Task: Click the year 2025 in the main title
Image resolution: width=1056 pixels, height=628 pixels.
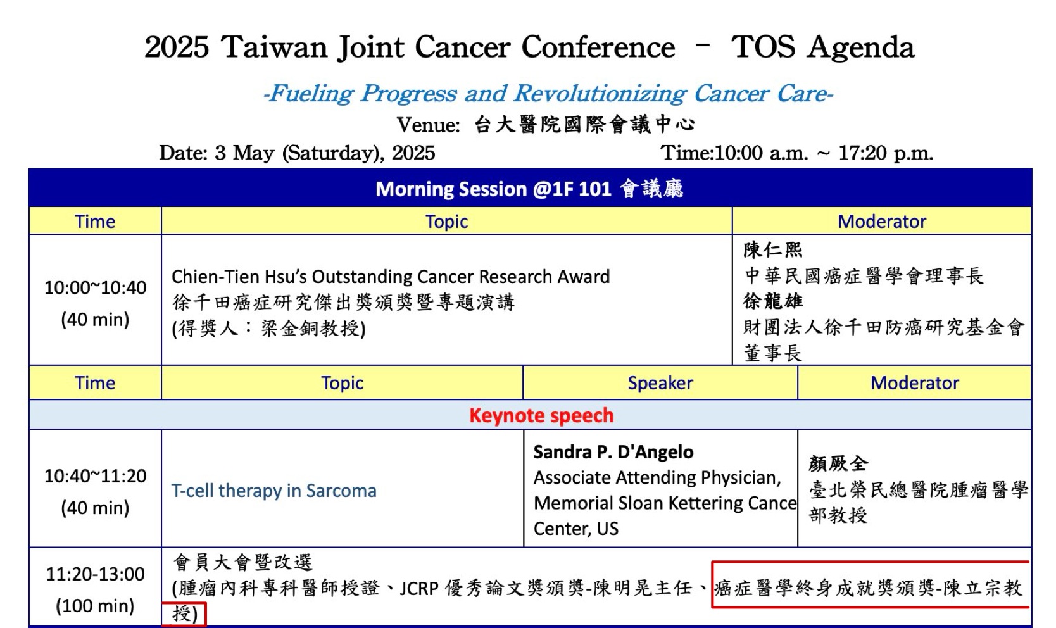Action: pos(176,47)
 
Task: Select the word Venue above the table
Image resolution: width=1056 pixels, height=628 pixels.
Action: pos(427,125)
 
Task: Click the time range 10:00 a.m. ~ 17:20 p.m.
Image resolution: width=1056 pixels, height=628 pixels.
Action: pos(824,153)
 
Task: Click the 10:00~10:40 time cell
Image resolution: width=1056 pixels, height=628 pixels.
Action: pos(95,287)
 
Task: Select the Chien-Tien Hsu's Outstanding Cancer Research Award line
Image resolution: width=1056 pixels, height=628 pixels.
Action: pos(391,276)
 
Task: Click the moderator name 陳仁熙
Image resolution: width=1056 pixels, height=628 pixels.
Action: pos(772,250)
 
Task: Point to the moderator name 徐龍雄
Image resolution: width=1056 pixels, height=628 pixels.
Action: pos(772,301)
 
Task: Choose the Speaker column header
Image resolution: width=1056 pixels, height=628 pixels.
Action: pos(660,383)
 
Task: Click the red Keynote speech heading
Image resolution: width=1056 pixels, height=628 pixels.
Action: pos(541,415)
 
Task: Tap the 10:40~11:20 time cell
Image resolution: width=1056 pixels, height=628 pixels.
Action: pos(95,475)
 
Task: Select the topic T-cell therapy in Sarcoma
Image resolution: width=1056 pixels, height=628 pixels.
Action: pos(273,491)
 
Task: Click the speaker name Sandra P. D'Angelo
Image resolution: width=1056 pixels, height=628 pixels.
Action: pos(613,452)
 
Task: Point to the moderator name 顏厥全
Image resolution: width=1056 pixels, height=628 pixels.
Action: pos(838,463)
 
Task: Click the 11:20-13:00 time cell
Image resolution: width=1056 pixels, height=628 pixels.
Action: pos(95,574)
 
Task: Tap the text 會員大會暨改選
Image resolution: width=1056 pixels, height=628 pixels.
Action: pos(242,562)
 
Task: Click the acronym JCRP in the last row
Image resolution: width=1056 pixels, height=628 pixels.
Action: pos(419,588)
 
